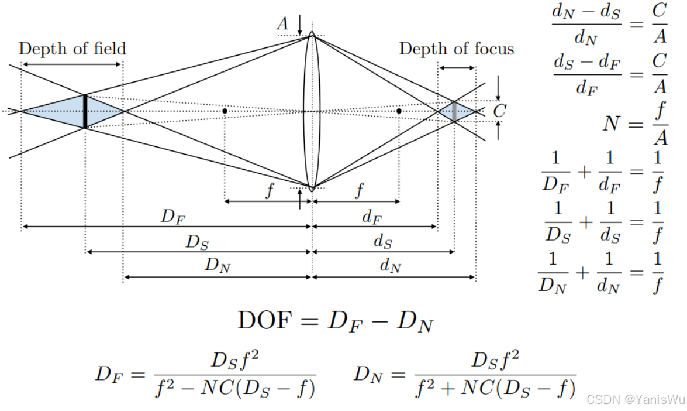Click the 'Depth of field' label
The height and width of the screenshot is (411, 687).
73,48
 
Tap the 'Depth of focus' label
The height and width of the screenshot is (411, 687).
457,48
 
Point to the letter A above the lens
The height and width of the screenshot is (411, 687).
283,23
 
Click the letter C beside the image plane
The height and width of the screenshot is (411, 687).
499,111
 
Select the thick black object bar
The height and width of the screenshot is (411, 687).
85,111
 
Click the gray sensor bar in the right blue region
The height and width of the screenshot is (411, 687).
454,111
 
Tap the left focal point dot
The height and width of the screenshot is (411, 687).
225,111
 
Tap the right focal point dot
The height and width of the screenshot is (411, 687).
399,111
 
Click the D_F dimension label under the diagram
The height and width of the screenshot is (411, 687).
174,217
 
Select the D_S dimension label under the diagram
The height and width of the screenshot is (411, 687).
198,242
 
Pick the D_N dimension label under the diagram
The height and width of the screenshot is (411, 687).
218,265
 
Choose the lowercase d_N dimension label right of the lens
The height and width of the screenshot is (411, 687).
391,265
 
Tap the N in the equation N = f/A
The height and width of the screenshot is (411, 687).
611,124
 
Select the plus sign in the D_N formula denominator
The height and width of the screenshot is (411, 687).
448,388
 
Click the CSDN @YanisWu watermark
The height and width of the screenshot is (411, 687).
636,400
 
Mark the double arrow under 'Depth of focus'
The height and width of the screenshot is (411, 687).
457,68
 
